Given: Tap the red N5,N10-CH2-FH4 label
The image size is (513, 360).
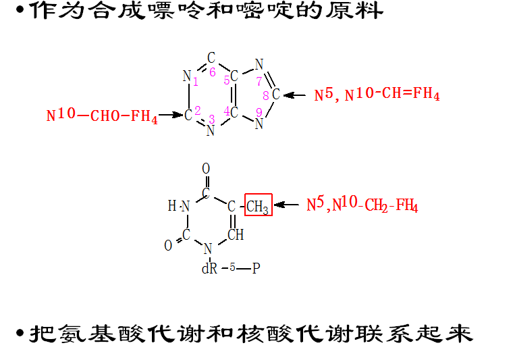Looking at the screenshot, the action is point(362,205).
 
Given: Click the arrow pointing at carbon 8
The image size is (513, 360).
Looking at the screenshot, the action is point(296,95).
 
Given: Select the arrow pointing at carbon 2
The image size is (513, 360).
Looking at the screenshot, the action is point(172,115).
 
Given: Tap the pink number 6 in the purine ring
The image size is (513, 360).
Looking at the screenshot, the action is point(212,72).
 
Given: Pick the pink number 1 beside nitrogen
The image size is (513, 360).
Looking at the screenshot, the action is point(195,82).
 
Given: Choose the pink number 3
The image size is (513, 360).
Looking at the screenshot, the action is point(211,119).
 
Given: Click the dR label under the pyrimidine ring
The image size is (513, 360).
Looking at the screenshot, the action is point(209,269).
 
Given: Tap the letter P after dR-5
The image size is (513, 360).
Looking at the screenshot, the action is point(255,269).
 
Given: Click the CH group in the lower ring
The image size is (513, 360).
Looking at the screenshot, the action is point(235,235).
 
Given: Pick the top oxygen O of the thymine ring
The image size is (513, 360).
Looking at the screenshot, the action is point(206,168).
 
